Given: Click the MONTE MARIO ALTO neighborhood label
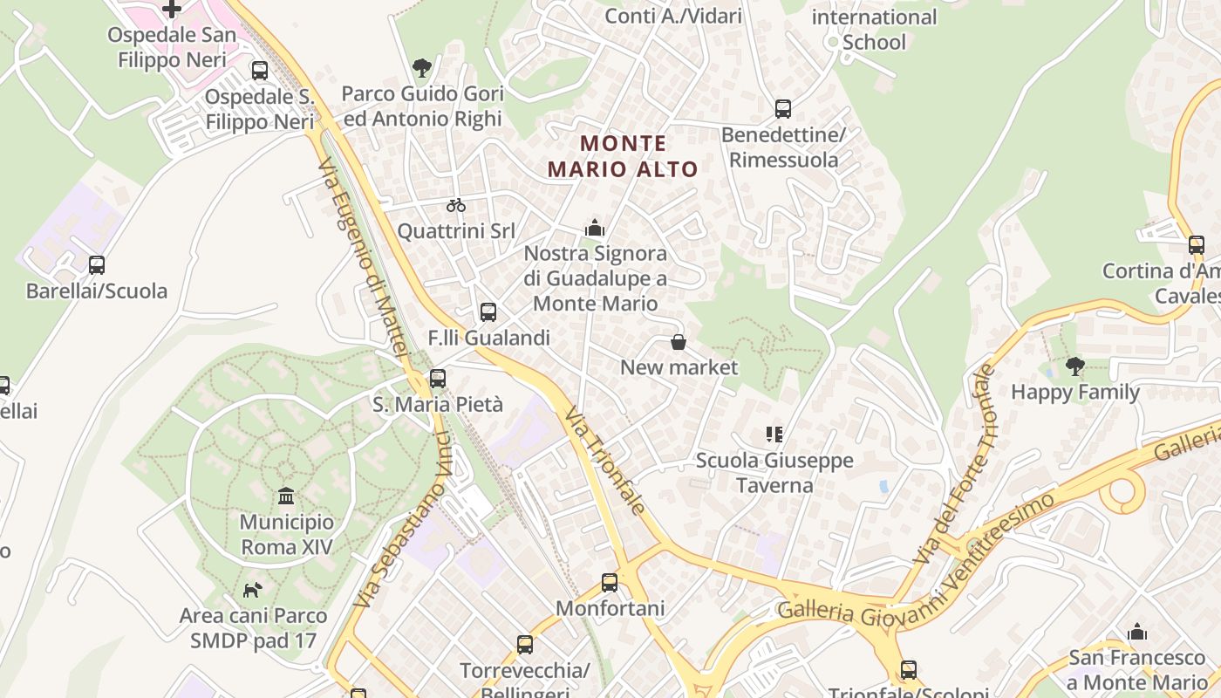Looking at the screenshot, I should click(623, 156).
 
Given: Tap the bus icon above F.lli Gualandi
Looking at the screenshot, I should click(488, 311).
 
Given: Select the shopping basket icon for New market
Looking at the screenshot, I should click(678, 342).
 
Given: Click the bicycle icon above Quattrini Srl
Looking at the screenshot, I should click(455, 205).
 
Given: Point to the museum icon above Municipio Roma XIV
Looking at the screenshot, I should click(286, 496).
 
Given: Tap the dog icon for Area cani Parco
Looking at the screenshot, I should click(252, 590).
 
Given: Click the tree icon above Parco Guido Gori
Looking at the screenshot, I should click(422, 68).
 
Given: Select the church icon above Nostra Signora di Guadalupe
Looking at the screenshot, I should click(595, 229).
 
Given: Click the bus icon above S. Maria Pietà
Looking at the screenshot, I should click(438, 379).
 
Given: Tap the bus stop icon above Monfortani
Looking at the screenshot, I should click(610, 583).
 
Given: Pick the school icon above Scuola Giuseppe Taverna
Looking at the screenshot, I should click(774, 434).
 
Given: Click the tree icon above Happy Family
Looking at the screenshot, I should click(1075, 366).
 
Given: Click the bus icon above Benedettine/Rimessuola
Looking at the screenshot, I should click(783, 109).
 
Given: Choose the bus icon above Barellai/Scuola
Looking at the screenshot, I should click(97, 264).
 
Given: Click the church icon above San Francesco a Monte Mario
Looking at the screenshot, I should click(1137, 633).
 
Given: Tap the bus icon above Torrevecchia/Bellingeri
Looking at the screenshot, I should click(524, 645).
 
